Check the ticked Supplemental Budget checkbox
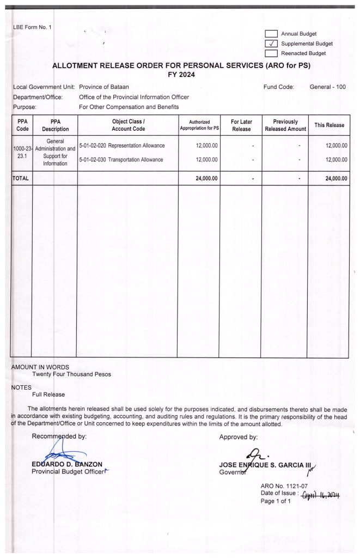[271, 44]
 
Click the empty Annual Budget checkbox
[271, 34]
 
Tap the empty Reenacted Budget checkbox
[271, 53]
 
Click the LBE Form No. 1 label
[32, 28]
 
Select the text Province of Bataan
[104, 87]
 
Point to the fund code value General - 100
[327, 87]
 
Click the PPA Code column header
[22, 125]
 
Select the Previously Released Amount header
[285, 125]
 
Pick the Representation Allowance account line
[121, 145]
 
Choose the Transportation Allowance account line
[121, 160]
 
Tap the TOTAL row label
[21, 178]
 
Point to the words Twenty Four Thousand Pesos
[71, 374]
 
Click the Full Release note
[48, 394]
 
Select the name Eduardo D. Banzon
[67, 464]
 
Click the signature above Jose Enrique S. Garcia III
[254, 453]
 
